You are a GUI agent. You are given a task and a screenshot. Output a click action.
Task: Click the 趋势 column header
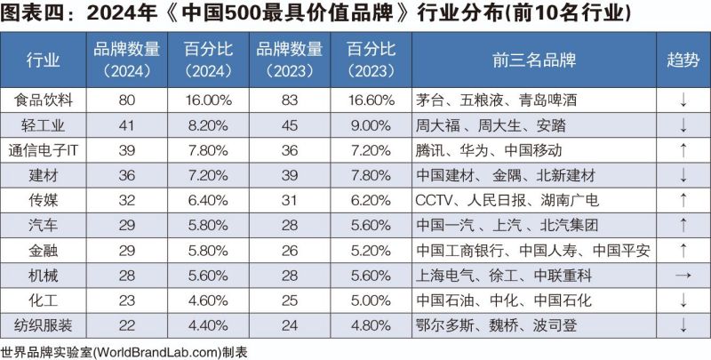[683, 60]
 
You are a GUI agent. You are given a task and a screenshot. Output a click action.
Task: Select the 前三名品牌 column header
[533, 60]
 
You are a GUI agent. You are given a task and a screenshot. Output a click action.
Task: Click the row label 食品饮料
[44, 100]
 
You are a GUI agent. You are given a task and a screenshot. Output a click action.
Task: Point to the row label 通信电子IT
[44, 150]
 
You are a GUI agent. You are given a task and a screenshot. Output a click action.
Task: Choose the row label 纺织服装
[44, 324]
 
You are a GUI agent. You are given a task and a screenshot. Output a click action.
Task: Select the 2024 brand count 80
[125, 100]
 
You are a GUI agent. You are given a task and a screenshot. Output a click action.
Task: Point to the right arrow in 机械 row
[683, 275]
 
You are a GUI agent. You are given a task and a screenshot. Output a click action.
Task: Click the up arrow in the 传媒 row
[683, 200]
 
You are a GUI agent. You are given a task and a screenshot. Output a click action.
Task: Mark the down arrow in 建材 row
[683, 175]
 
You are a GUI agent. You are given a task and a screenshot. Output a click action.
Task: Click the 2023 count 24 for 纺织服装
[288, 324]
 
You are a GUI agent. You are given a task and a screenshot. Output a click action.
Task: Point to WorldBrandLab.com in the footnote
[156, 350]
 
